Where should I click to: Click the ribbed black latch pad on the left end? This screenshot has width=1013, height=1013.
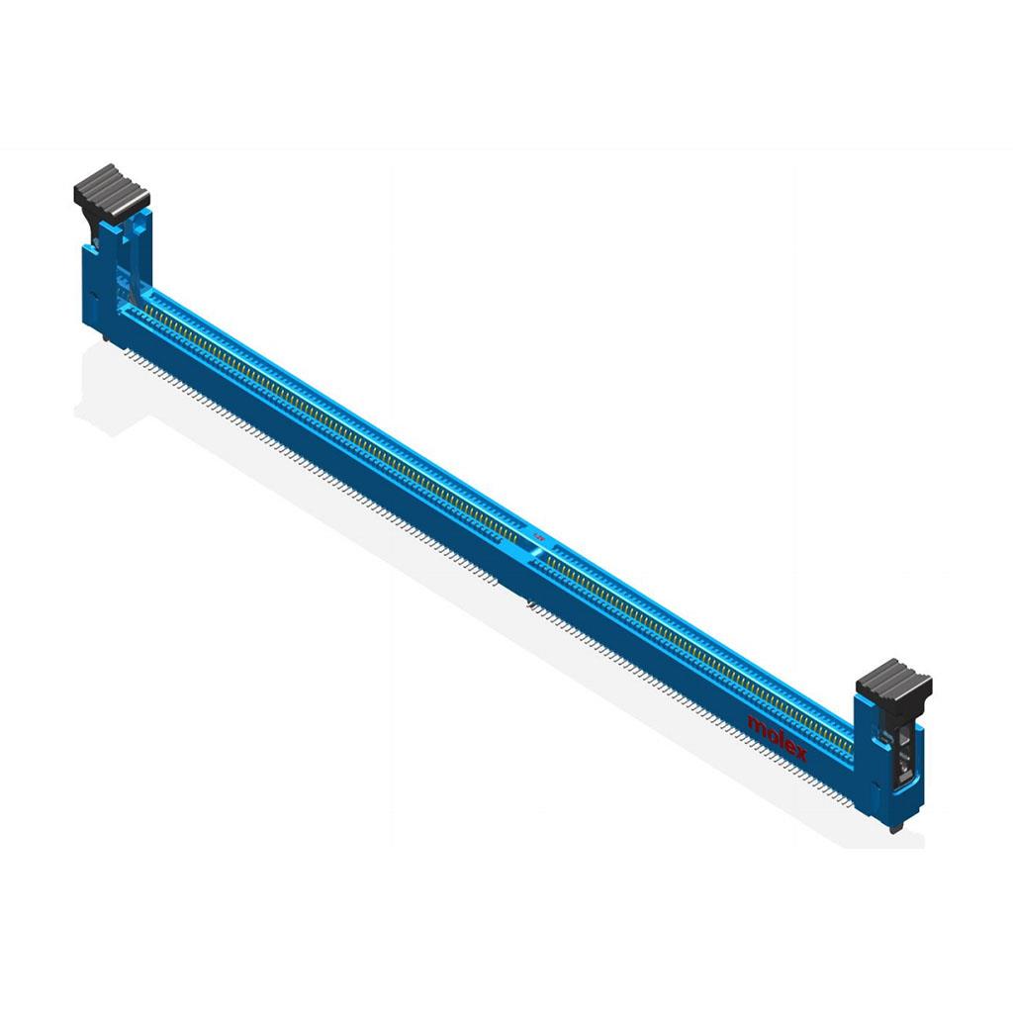[112, 190]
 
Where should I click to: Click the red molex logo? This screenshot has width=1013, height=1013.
[778, 738]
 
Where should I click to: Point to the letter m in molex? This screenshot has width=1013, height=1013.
[756, 724]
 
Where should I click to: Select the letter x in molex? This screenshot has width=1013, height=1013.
[799, 753]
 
